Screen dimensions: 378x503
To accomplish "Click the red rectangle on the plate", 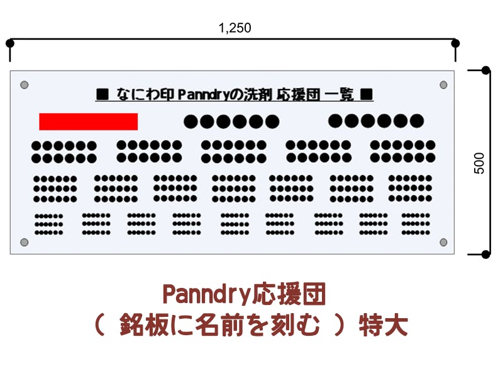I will coord(88,122).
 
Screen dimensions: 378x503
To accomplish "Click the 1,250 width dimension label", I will coord(235,28).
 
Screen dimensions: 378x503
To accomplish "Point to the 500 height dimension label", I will coord(480,163).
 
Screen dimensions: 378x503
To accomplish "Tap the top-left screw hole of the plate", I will coord(25,84).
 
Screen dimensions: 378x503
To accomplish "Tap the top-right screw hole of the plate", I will coord(443,84).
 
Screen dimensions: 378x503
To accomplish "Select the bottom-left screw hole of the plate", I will coord(25,242).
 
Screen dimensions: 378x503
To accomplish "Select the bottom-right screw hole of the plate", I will coord(443,242).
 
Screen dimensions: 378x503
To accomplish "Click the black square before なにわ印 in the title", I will coord(102,95).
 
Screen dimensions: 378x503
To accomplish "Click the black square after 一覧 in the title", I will coord(367,95).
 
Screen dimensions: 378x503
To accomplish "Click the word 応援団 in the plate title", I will coord(298,95).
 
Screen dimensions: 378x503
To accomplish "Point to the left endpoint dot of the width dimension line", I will coord(9,43).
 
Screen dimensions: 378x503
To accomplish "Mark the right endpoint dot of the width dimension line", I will coord(456,43).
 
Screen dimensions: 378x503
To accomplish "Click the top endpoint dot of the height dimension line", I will coord(485,70).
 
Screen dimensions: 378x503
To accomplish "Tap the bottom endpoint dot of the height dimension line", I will coord(485,255).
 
